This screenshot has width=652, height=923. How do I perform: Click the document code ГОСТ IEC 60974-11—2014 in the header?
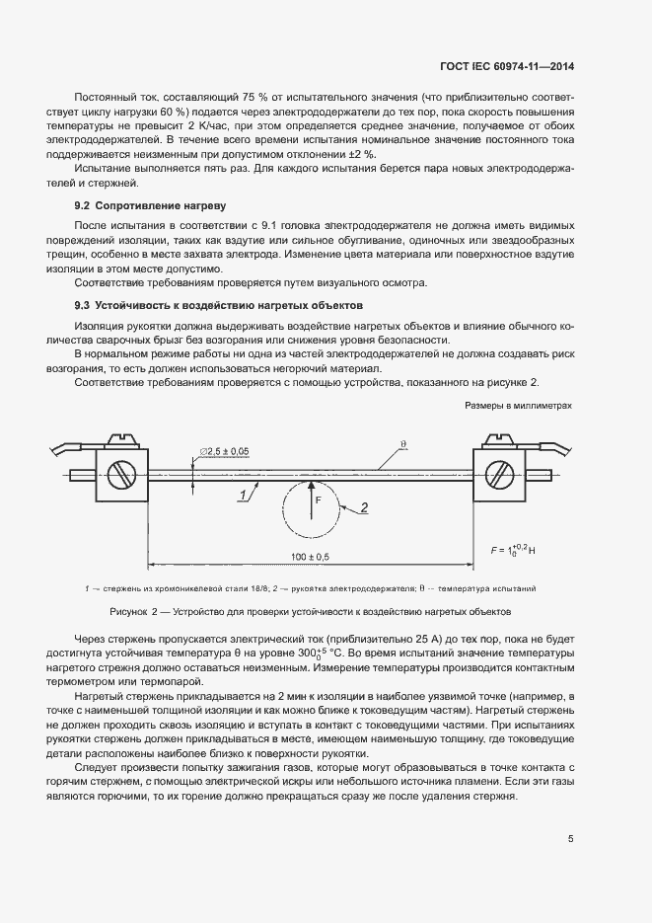tap(507, 66)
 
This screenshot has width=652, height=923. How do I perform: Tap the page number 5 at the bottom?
tap(570, 839)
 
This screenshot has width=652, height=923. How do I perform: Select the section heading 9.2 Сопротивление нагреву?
tap(151, 206)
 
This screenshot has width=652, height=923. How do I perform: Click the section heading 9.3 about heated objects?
tap(219, 305)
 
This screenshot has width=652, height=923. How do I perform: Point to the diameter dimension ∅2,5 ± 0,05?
tap(224, 450)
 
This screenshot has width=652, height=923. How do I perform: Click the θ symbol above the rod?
tap(402, 445)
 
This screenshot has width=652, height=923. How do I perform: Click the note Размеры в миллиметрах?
tap(518, 406)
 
